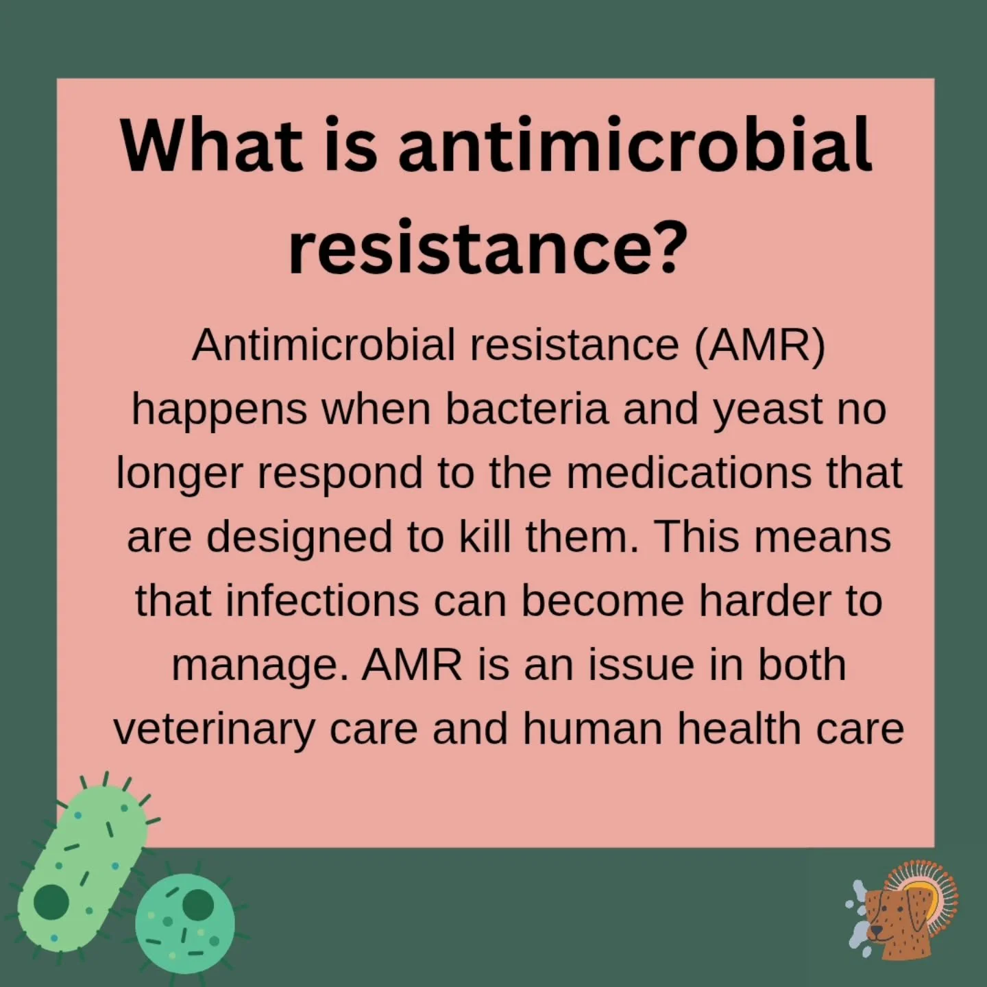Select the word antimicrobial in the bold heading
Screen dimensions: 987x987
coord(635,145)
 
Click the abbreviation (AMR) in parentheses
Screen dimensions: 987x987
coord(759,344)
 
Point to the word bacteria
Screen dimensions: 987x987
coord(526,409)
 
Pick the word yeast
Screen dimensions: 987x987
coord(767,410)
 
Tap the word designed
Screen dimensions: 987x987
coord(300,537)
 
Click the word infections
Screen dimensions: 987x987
coord(322,600)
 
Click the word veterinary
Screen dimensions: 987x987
coord(213,728)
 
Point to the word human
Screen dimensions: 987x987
coord(594,728)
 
